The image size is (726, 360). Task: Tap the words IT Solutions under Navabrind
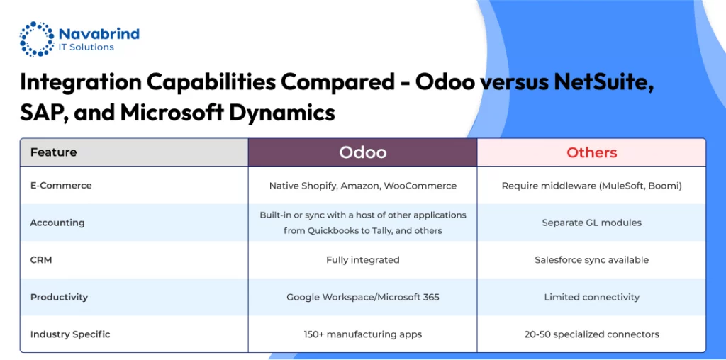(86, 47)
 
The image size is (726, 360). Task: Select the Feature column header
(53, 152)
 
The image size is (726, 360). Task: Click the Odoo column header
(362, 152)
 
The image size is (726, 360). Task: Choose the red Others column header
(592, 152)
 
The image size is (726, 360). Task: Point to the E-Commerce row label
(61, 186)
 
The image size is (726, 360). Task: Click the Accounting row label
(57, 223)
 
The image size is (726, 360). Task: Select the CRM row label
(40, 260)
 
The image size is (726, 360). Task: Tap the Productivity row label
(59, 297)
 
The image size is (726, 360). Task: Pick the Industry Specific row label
(70, 334)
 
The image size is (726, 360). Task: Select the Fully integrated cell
(362, 260)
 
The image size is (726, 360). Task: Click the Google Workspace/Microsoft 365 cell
(362, 297)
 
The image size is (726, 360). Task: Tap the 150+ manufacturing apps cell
(362, 334)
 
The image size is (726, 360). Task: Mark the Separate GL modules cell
(592, 223)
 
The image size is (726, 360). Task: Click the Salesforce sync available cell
(592, 260)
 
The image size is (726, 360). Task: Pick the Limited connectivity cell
(592, 297)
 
